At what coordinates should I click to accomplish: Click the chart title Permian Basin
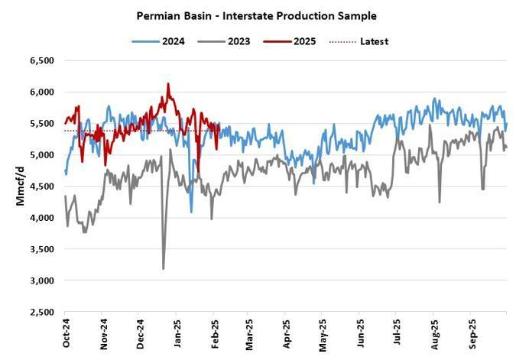click(174, 16)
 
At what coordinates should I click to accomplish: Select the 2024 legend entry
click(158, 41)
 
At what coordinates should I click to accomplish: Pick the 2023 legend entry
click(224, 41)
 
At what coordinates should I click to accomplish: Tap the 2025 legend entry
click(290, 41)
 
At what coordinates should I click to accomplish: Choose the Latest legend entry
click(359, 41)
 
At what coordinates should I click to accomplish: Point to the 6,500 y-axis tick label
click(42, 60)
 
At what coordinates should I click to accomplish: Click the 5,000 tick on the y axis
click(42, 154)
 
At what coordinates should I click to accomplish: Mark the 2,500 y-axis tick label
click(42, 312)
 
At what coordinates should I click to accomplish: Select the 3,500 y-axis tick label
click(42, 249)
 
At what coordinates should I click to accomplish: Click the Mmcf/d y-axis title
click(20, 186)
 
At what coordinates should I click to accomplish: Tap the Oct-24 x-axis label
click(67, 333)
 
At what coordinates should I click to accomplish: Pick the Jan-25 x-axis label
click(177, 333)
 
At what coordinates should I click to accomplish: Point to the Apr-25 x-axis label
click(287, 333)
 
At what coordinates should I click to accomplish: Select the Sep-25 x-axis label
click(472, 334)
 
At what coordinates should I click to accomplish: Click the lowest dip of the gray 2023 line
click(164, 269)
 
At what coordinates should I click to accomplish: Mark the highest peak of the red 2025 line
click(168, 83)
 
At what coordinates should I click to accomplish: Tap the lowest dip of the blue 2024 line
click(192, 212)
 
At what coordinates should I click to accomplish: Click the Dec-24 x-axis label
click(140, 334)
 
